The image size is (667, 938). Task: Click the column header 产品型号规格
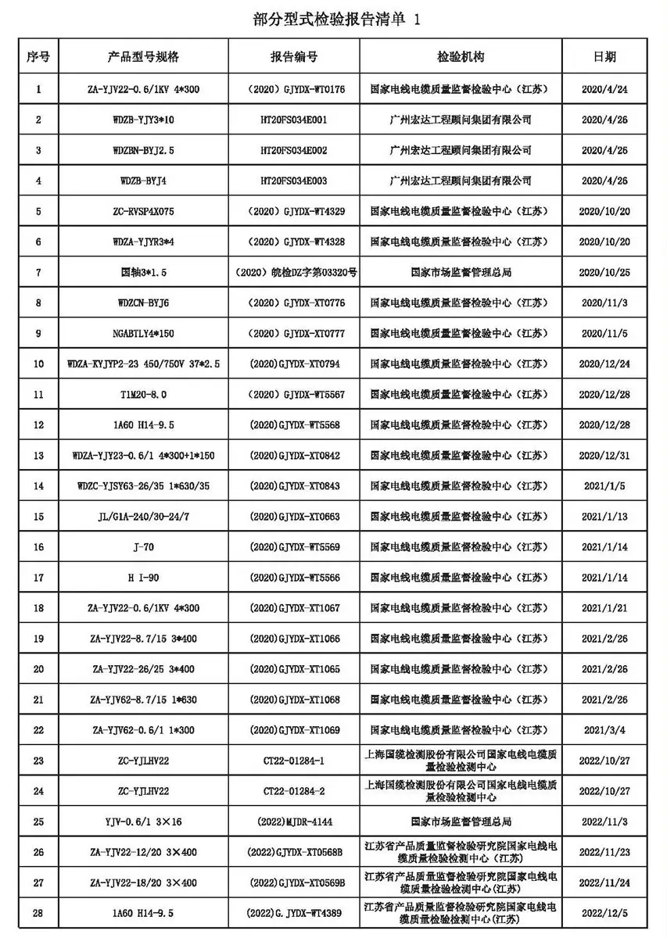[x=143, y=58]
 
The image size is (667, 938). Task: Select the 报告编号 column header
[x=294, y=58]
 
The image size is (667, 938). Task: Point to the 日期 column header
[x=605, y=58]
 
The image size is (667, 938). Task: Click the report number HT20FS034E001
[x=294, y=120]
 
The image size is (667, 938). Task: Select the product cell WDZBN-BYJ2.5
[x=143, y=150]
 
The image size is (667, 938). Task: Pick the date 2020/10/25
[x=605, y=272]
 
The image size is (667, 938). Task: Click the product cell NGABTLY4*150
[x=143, y=333]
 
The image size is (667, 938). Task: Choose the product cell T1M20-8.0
[x=143, y=394]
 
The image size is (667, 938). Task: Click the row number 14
[x=39, y=485]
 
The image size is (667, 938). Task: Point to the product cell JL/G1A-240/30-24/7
[x=143, y=516]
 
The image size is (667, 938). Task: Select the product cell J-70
[x=143, y=546]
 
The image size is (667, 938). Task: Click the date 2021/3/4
[x=605, y=729]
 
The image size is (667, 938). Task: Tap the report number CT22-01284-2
[x=294, y=790]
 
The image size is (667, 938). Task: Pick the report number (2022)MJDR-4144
[x=294, y=822]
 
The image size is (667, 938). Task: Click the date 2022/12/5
[x=605, y=912]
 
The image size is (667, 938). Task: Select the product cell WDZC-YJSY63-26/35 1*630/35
[x=143, y=485]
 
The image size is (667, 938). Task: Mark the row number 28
[x=39, y=912]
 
